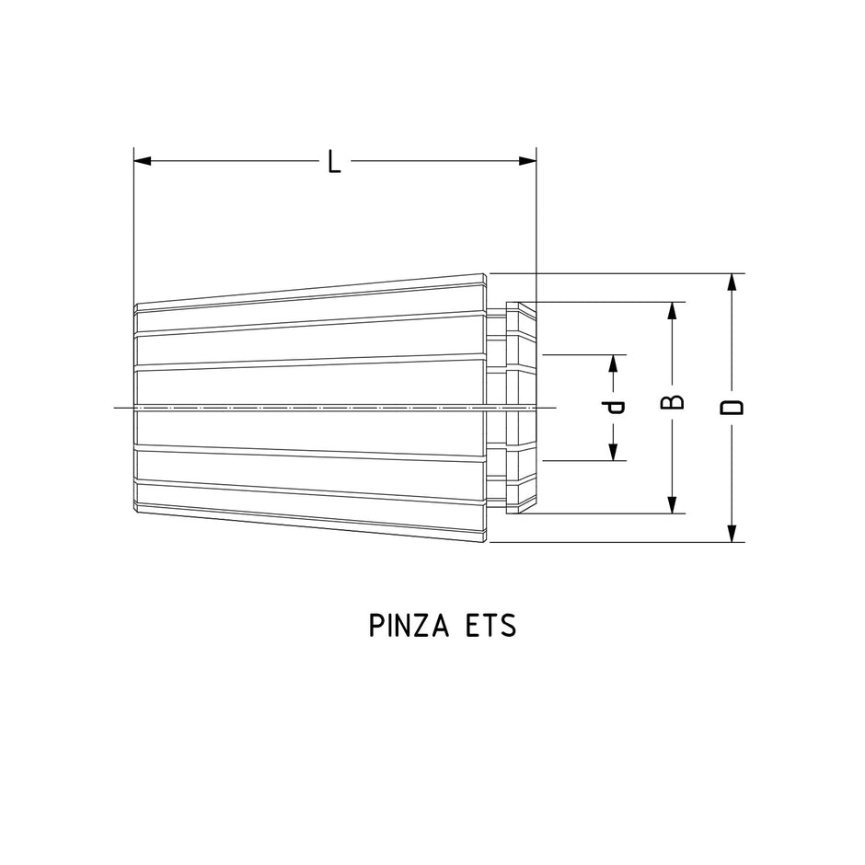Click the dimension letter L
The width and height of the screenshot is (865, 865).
click(335, 163)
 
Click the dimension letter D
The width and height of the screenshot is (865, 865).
click(732, 407)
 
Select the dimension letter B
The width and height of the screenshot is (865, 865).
click(674, 402)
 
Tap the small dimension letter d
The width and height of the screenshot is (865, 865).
click(615, 406)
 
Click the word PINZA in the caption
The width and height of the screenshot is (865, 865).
click(408, 626)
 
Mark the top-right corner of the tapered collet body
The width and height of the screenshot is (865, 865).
click(486, 274)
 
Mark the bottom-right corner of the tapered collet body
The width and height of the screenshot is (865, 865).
click(486, 541)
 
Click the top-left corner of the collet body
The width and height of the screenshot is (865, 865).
click(136, 305)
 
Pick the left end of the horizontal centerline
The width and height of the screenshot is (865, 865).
click(114, 407)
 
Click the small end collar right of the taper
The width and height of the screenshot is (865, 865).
click(521, 407)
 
